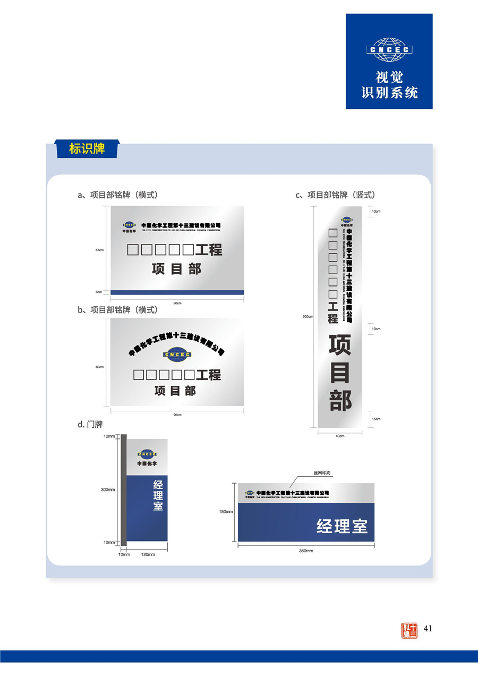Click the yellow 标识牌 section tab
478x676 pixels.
click(x=87, y=149)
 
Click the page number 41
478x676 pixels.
click(x=428, y=629)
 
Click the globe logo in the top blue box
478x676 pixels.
click(x=389, y=49)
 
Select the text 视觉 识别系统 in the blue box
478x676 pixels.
click(x=389, y=85)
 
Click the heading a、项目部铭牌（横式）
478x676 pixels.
click(x=117, y=195)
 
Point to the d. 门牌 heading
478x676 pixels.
click(x=90, y=425)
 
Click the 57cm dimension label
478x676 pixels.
click(x=99, y=250)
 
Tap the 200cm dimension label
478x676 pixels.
click(x=308, y=317)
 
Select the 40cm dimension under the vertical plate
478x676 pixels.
click(x=340, y=436)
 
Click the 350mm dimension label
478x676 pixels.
click(x=306, y=551)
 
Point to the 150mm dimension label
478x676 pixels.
click(x=226, y=512)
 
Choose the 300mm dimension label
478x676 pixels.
click(x=108, y=489)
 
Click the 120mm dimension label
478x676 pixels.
click(x=148, y=554)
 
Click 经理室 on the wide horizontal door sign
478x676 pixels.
click(x=342, y=527)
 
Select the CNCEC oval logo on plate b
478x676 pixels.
click(x=177, y=354)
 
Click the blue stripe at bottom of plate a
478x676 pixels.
click(x=177, y=292)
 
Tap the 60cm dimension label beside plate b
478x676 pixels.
click(x=99, y=367)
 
